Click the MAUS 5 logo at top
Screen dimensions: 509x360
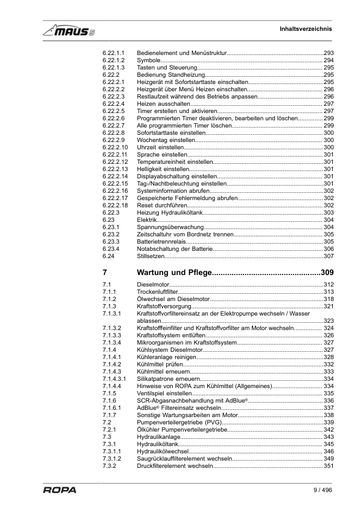[68, 30]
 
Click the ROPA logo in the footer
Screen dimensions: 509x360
[59, 490]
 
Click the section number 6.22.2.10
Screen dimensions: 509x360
[115, 147]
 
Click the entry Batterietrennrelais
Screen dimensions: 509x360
[163, 241]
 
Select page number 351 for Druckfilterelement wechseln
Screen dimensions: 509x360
[329, 466]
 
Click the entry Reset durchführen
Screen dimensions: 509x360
[162, 205]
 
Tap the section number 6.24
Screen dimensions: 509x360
[109, 256]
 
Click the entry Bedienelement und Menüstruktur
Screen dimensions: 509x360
[182, 53]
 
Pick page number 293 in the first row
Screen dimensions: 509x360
[329, 53]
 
